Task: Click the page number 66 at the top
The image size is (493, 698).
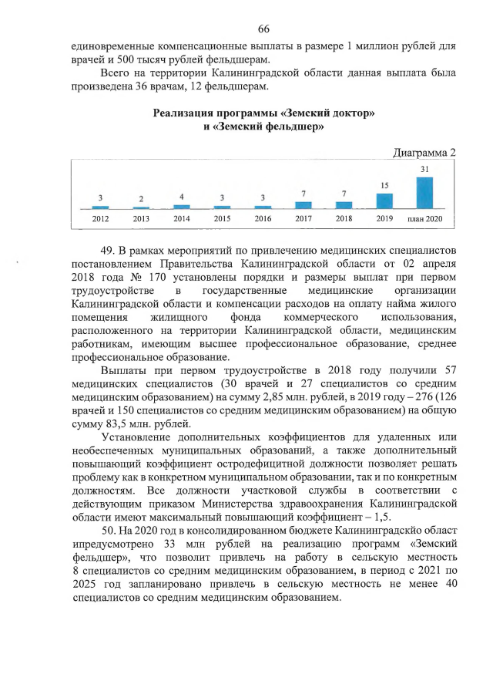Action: [x=263, y=29]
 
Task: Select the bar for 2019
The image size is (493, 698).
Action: [x=384, y=201]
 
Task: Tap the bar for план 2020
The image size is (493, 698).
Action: [x=424, y=193]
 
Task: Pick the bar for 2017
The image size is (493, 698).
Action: [x=304, y=205]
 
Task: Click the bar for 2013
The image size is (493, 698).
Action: [x=141, y=207]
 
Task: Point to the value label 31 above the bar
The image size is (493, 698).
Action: [x=424, y=168]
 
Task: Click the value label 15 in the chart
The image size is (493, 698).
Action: [x=384, y=185]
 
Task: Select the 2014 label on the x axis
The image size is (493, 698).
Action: [x=182, y=219]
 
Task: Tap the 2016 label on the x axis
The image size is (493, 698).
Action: [x=263, y=219]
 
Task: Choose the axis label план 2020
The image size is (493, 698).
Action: [x=424, y=219]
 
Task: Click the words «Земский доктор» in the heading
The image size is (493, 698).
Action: [x=334, y=113]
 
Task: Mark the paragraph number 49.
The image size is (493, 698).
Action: [x=108, y=251]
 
